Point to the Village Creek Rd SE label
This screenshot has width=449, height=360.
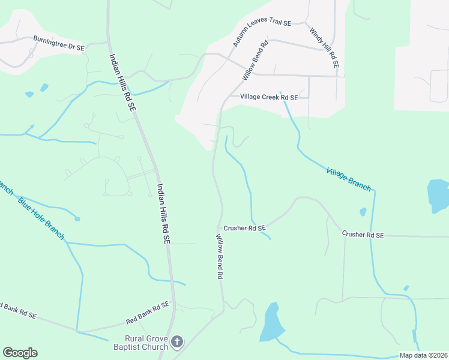(x=269, y=97)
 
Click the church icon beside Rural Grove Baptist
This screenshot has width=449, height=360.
(x=176, y=342)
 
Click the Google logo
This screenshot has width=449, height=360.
(x=20, y=353)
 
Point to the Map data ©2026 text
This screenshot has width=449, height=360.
(x=423, y=355)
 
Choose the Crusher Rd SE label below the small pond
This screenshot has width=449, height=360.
(x=363, y=235)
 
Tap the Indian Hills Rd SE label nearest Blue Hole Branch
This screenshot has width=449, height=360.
(x=164, y=213)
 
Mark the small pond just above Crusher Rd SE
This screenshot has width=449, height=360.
(x=363, y=212)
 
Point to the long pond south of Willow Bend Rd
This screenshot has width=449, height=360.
(x=271, y=323)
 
